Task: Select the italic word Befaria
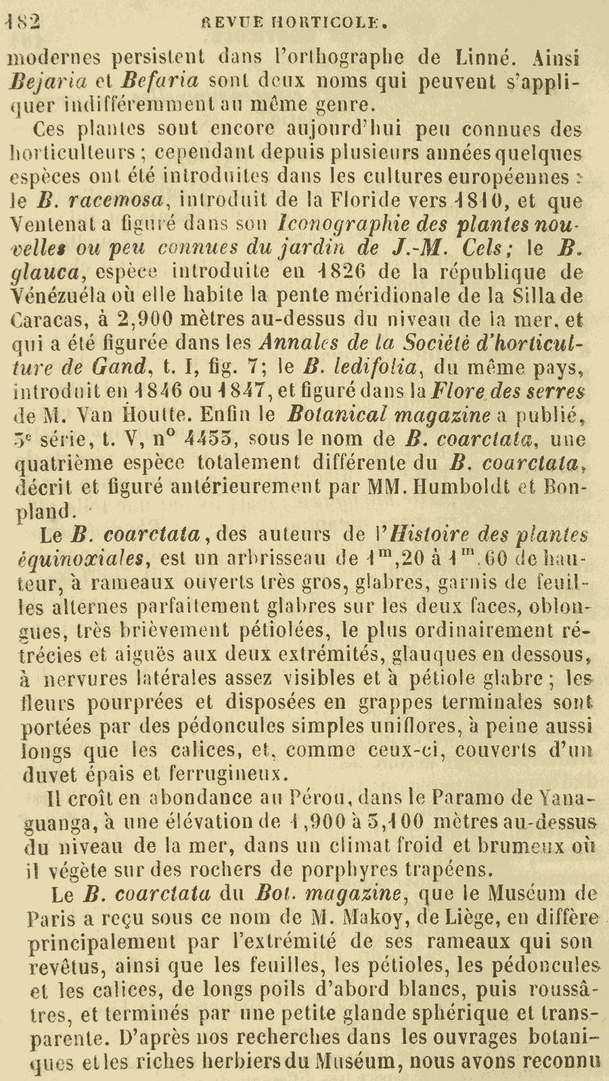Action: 160,81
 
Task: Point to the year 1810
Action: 479,200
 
